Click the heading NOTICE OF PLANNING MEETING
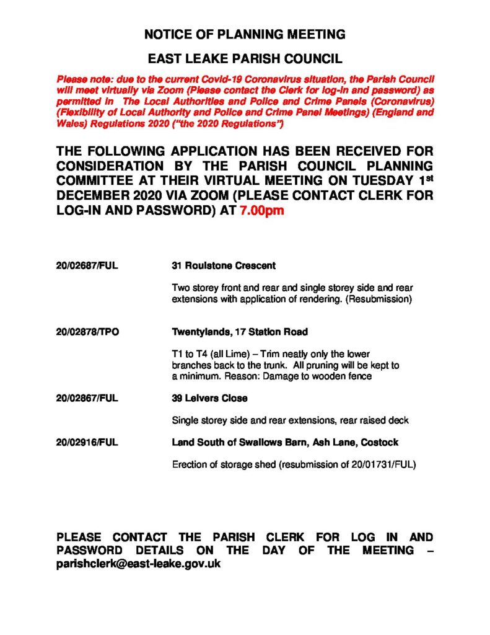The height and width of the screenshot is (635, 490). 245,34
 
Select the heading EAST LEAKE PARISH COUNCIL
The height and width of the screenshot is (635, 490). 245,60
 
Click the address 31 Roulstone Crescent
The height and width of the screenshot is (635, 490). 223,266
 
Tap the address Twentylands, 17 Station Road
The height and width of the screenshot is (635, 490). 239,332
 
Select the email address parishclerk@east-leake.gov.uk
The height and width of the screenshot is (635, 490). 138,564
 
